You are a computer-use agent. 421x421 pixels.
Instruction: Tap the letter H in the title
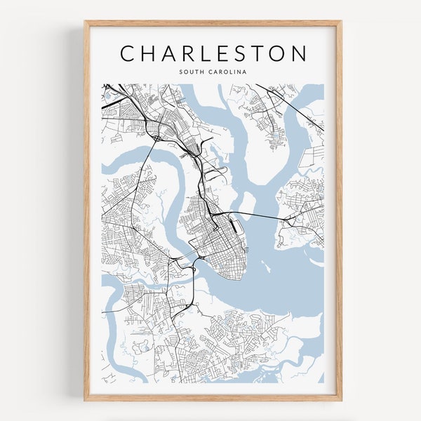[x=152, y=54]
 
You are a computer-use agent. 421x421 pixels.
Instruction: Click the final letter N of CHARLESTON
[x=299, y=54]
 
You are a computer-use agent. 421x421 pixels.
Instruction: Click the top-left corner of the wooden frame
[x=86, y=21]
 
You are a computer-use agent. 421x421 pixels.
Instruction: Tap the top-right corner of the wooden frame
[x=341, y=21]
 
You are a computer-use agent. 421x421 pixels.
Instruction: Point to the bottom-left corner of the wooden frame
[x=86, y=400]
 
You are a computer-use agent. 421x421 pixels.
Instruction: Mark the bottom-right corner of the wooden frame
[x=341, y=400]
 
